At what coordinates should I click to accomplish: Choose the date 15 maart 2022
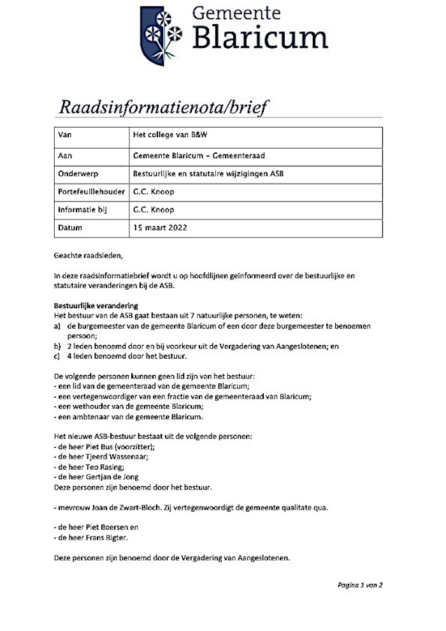(x=160, y=227)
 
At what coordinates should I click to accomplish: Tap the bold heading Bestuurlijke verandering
(x=96, y=306)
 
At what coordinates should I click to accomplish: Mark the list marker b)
(x=57, y=346)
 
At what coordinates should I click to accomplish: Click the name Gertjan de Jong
(x=113, y=477)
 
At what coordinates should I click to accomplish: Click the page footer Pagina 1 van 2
(x=360, y=584)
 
